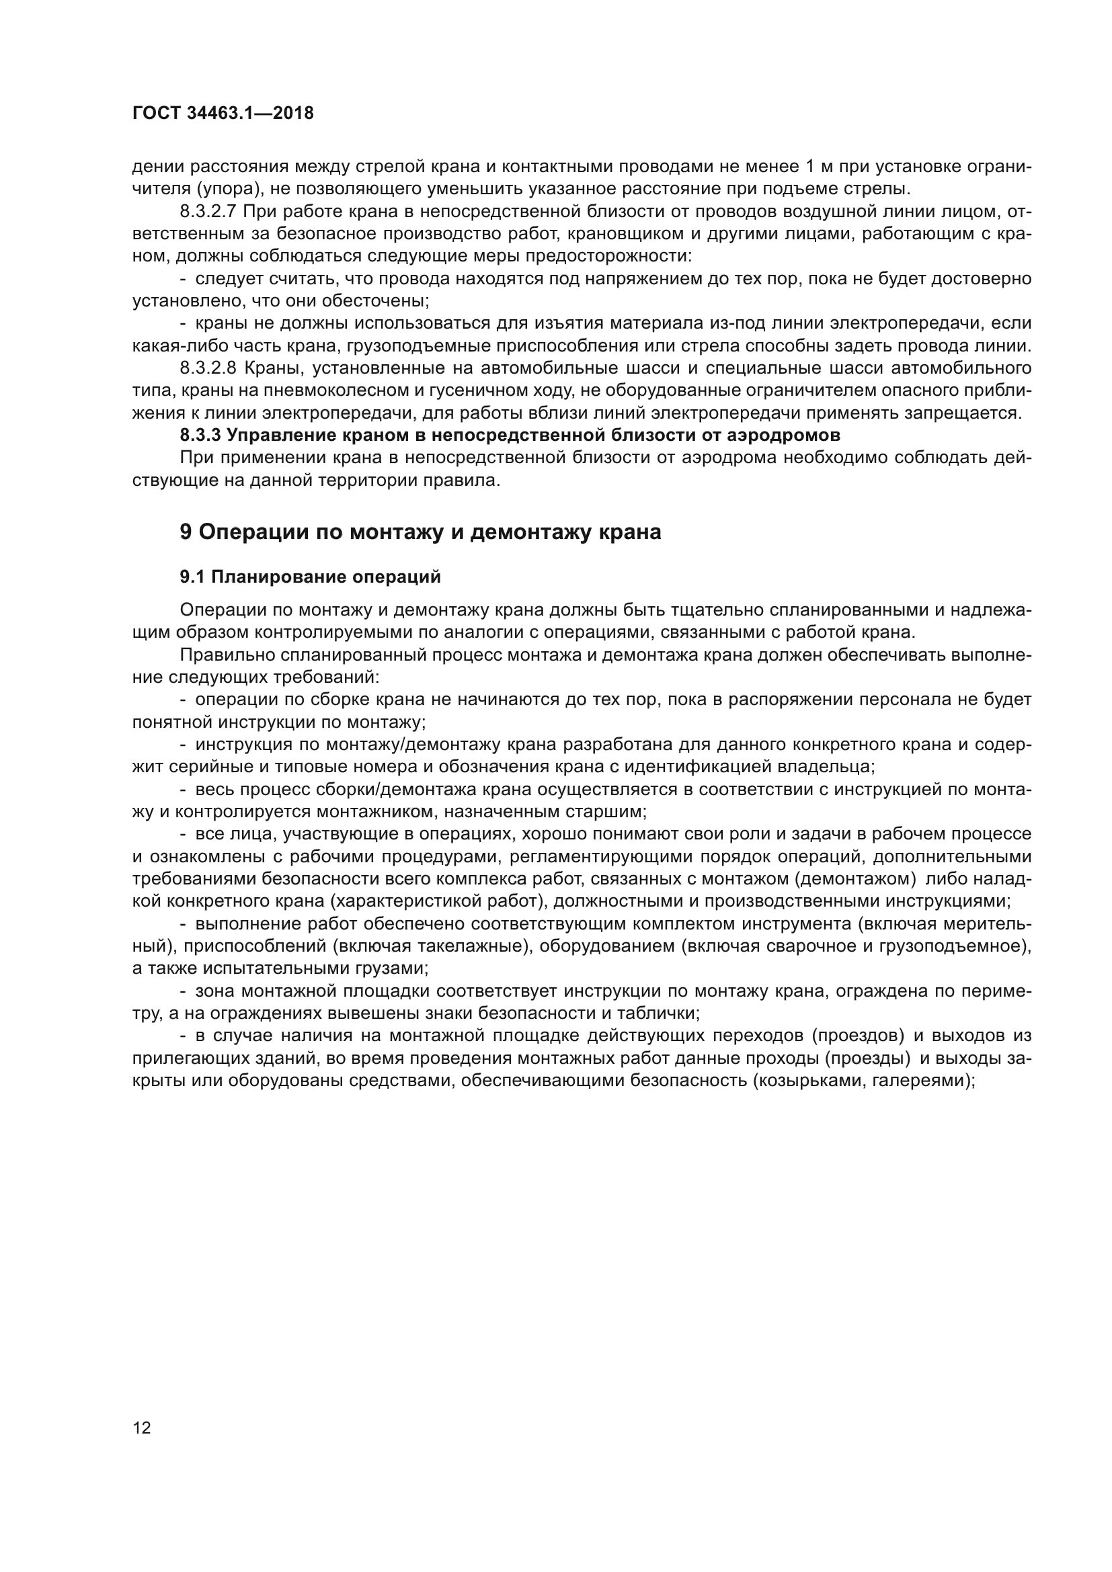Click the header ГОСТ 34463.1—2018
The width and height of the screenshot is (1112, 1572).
coord(223,114)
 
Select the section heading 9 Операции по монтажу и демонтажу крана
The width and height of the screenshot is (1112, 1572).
coord(420,532)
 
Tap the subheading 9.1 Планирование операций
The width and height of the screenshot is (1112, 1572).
coord(309,577)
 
